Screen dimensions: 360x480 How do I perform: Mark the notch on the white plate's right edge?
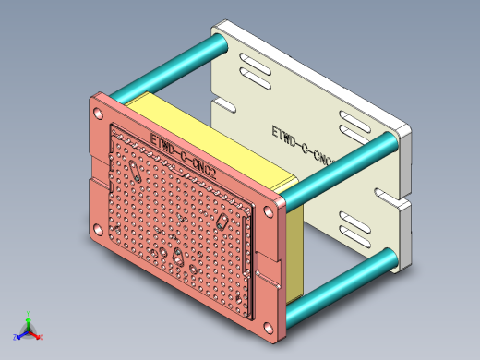392,198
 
